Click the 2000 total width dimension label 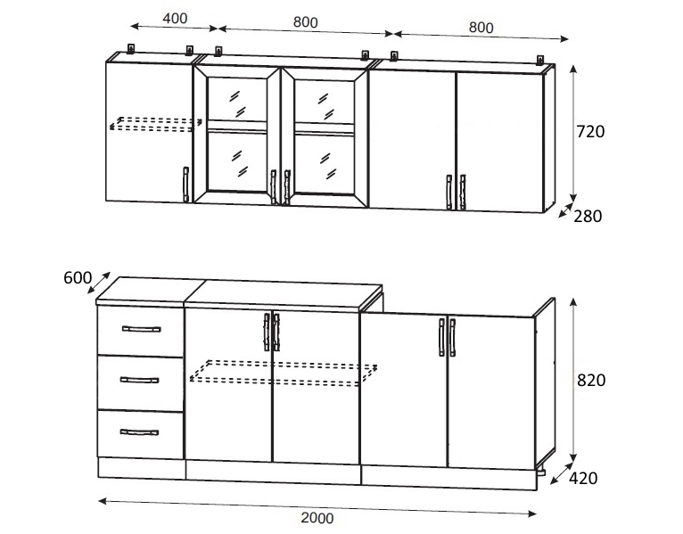[317, 518]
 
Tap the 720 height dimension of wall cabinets [590, 132]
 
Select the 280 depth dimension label [588, 216]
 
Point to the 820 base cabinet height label [591, 381]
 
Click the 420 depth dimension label [583, 478]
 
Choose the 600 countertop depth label [78, 278]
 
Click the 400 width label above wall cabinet [175, 19]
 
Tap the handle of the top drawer [141, 329]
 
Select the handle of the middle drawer [139, 381]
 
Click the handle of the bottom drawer [139, 432]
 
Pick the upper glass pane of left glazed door [237, 100]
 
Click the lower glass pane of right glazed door [325, 164]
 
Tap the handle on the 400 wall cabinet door [186, 185]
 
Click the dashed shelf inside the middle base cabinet [284, 373]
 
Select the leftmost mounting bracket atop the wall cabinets [130, 48]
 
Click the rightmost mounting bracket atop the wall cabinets [540, 60]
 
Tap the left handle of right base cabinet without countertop [441, 338]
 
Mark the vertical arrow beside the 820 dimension [573, 380]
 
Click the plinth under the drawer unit [142, 469]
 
